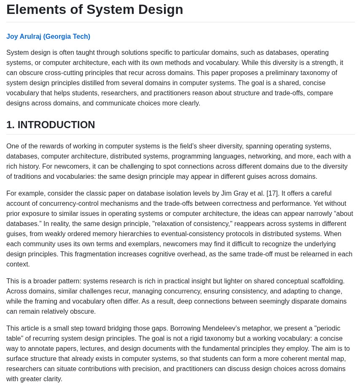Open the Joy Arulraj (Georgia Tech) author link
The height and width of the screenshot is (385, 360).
(x=48, y=36)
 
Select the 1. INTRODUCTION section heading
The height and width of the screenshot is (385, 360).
(x=51, y=125)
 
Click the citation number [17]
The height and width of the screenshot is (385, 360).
(x=272, y=193)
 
